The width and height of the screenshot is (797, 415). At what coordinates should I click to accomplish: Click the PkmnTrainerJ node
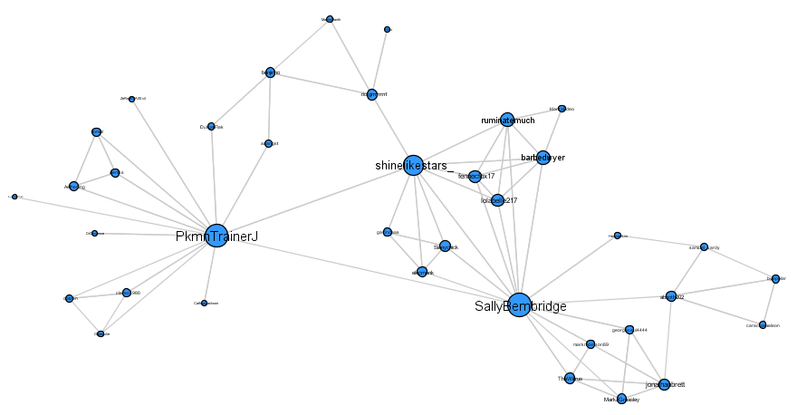tap(216, 236)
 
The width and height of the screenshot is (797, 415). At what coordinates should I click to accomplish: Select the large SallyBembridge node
tap(519, 305)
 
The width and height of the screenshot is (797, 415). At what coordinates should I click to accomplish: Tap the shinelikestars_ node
tap(413, 165)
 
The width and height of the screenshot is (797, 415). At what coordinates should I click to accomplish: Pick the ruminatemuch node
tap(507, 120)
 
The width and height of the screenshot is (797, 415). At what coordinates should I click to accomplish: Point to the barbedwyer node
tap(543, 158)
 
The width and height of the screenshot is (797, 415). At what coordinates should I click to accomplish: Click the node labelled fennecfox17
tap(475, 176)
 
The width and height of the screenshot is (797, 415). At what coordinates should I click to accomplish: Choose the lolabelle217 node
tap(497, 199)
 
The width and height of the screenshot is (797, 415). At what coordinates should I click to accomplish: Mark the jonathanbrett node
tap(664, 384)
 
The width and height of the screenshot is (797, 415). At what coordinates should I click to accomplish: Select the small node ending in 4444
tap(629, 330)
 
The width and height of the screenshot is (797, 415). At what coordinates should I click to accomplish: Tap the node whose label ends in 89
tap(591, 344)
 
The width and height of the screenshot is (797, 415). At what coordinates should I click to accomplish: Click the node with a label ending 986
tap(126, 293)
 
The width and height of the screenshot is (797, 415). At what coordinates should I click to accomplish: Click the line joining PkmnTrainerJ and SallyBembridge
tap(362, 269)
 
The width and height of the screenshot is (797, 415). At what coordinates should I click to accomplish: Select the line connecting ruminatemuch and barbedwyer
tap(525, 139)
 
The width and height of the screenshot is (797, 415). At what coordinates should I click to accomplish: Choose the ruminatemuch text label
tap(507, 120)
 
